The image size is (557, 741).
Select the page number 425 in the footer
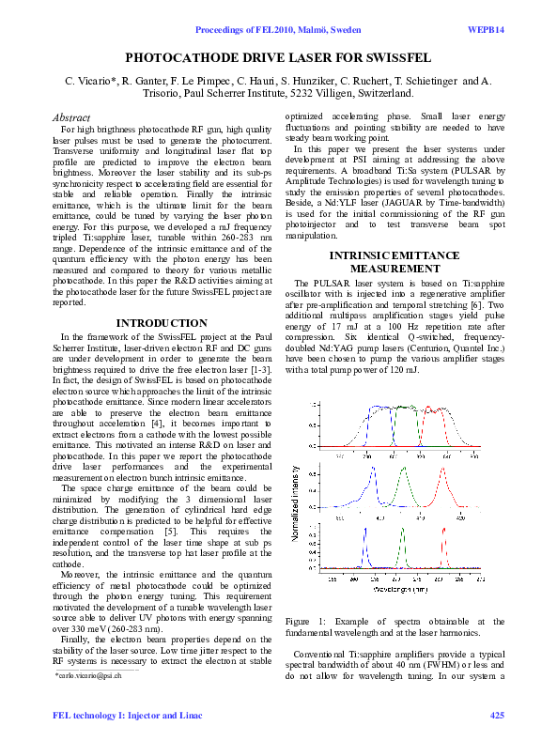[497, 717]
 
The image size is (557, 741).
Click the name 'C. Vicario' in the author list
[89, 82]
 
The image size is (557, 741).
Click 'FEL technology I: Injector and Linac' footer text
[110, 717]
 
